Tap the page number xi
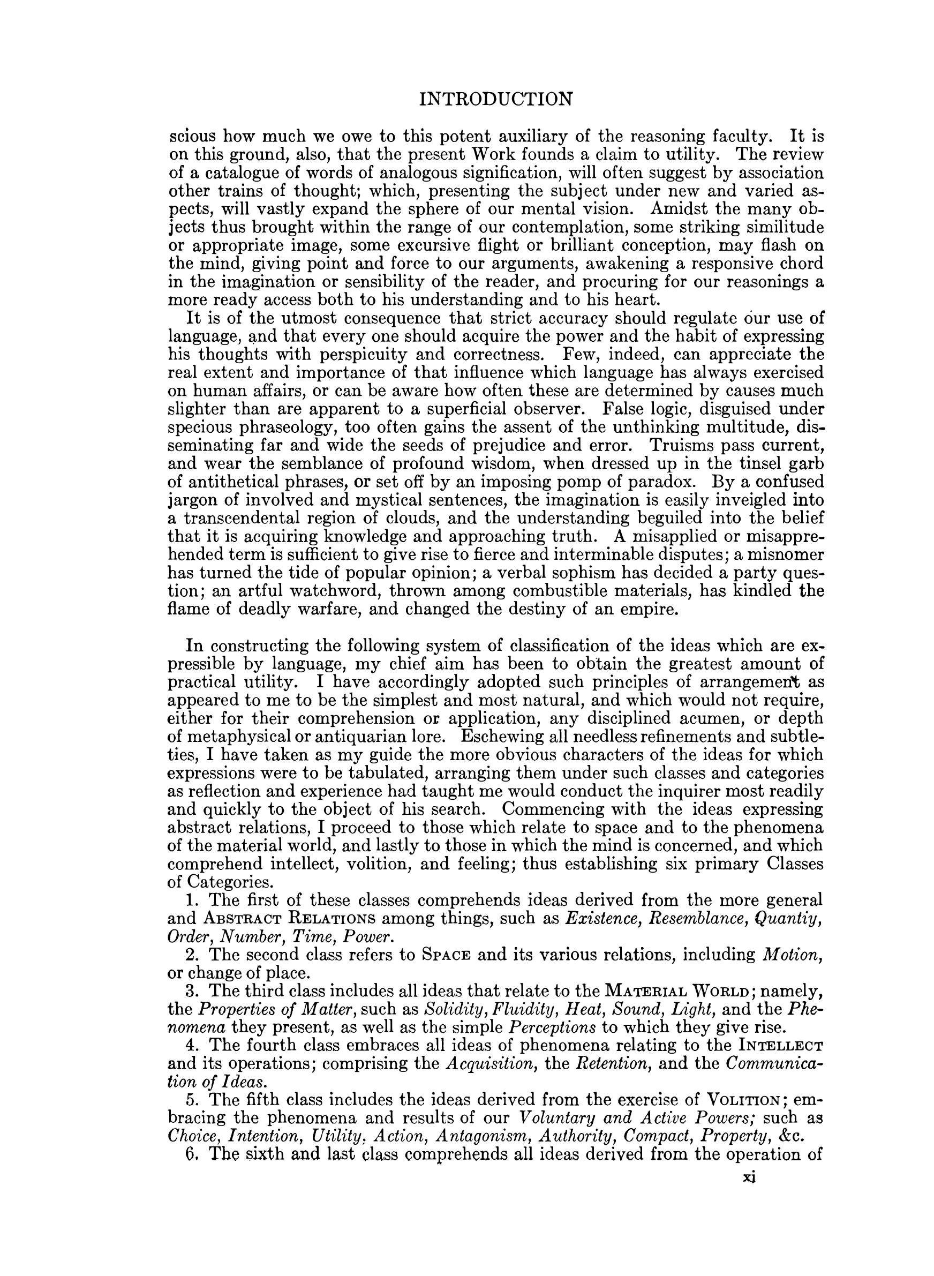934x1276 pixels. point(750,1176)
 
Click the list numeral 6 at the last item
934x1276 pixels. point(191,1154)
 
